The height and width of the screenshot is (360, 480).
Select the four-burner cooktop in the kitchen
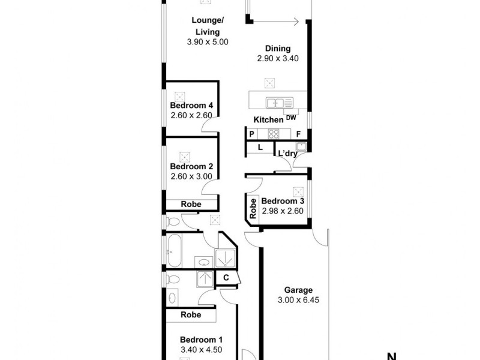pos(274,134)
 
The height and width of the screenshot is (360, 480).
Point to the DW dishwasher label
pos(291,118)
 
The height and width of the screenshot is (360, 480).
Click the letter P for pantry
pos(252,134)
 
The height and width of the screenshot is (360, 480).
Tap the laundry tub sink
pos(301,146)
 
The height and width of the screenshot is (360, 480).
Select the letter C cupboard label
pos(226,278)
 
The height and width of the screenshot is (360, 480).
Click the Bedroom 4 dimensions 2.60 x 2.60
pos(187,116)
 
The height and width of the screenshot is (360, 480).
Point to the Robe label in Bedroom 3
pos(253,208)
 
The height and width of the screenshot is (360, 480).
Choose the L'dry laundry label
pos(287,154)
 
